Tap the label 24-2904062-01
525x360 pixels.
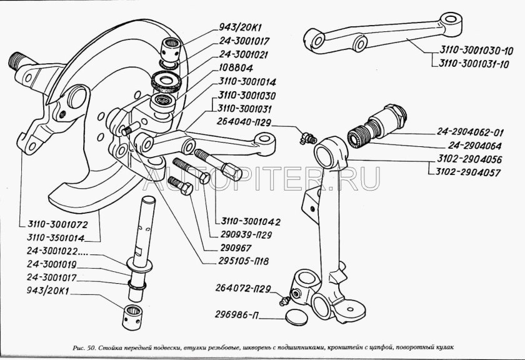(x=467, y=132)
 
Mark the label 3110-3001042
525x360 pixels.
(x=246, y=221)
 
